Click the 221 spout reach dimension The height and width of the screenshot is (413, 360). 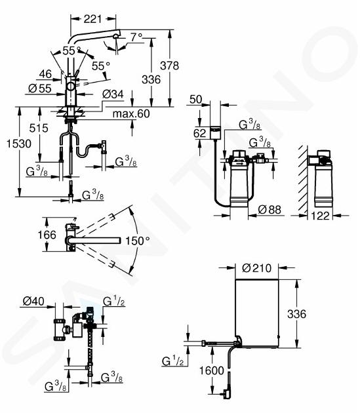(92, 19)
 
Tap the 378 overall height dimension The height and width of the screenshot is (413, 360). (169, 66)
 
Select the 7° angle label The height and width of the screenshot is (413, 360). (136, 37)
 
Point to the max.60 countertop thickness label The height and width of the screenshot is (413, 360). (131, 114)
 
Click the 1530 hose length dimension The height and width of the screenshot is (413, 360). (19, 144)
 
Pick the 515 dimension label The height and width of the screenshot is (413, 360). (39, 128)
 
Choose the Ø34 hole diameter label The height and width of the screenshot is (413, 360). (113, 94)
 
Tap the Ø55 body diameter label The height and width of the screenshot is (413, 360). (40, 88)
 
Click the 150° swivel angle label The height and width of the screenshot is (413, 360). (137, 241)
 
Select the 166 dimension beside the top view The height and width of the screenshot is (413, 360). (47, 235)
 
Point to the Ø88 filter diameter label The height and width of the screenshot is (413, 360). (270, 210)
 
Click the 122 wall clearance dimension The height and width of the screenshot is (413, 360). (320, 216)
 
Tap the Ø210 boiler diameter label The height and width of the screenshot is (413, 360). (256, 268)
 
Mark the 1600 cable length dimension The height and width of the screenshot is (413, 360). (212, 370)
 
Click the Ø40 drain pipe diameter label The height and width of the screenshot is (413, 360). (33, 301)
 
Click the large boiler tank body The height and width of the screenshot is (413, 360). (256, 313)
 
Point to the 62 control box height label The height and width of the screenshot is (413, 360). (199, 133)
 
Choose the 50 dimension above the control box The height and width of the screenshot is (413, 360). (196, 100)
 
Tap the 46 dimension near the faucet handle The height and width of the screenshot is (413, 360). (45, 74)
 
